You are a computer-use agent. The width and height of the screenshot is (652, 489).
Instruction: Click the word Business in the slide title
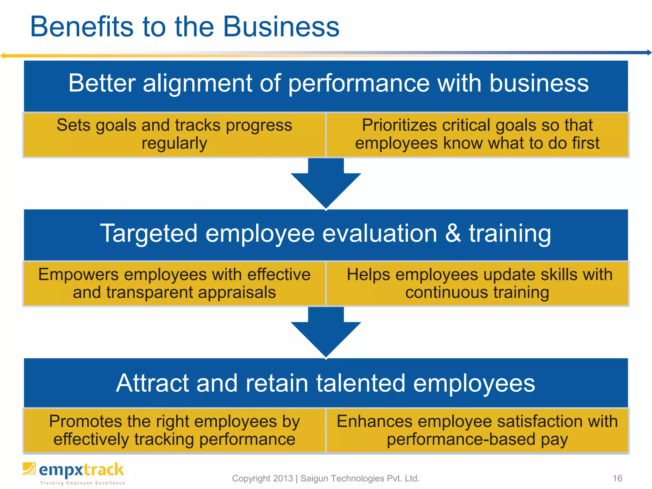pyautogui.click(x=281, y=27)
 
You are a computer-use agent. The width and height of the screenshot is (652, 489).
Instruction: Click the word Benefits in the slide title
pyautogui.click(x=82, y=27)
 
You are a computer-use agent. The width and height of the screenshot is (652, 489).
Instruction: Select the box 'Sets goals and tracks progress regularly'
pyautogui.click(x=174, y=134)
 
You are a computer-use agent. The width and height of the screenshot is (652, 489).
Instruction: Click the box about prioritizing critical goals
pyautogui.click(x=477, y=134)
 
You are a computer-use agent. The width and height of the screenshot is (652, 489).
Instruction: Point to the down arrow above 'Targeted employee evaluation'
pyautogui.click(x=326, y=183)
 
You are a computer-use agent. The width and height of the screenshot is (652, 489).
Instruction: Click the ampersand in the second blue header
pyautogui.click(x=453, y=233)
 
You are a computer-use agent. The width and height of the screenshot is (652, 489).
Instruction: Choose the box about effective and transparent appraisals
pyautogui.click(x=174, y=283)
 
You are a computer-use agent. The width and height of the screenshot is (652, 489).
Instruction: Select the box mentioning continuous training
pyautogui.click(x=477, y=283)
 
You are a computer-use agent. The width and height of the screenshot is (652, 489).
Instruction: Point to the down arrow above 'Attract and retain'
pyautogui.click(x=326, y=332)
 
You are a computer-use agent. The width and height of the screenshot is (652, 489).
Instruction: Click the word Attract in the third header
pyautogui.click(x=152, y=383)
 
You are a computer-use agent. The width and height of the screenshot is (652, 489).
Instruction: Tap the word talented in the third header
pyautogui.click(x=360, y=383)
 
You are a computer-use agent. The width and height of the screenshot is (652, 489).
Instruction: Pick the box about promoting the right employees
pyautogui.click(x=174, y=430)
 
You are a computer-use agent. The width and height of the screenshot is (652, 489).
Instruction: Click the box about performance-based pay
pyautogui.click(x=477, y=430)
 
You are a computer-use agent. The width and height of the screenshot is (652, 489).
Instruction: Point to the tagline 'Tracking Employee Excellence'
pyautogui.click(x=82, y=483)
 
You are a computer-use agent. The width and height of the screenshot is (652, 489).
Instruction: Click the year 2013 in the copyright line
pyautogui.click(x=283, y=478)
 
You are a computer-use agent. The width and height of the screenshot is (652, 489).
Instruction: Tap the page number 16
pyautogui.click(x=617, y=478)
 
